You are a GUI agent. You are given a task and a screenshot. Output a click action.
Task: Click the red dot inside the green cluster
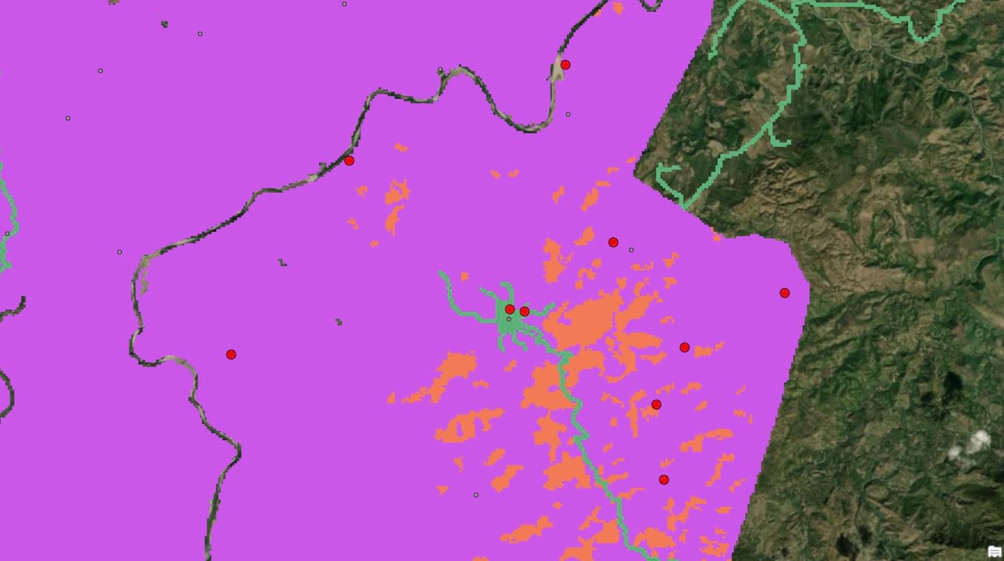click(510, 309)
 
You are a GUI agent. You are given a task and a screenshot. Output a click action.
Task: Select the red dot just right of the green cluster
click(524, 311)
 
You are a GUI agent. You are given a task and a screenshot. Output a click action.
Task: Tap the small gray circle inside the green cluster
click(508, 319)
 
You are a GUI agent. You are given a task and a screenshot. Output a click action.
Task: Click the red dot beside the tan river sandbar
click(565, 65)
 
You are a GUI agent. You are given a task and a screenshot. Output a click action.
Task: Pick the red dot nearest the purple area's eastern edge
click(785, 293)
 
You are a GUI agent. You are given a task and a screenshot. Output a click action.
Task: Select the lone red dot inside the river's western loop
click(231, 354)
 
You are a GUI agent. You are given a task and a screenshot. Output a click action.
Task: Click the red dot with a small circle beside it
click(613, 242)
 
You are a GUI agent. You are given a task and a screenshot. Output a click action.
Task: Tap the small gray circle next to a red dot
click(631, 250)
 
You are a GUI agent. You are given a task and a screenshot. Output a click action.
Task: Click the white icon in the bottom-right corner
click(994, 551)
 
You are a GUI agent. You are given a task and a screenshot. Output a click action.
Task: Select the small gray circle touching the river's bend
click(440, 69)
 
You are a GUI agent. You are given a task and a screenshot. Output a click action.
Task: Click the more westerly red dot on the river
click(349, 161)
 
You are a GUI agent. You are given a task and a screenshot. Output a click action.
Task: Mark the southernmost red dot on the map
click(664, 479)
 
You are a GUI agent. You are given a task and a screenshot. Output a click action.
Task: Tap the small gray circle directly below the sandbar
click(568, 114)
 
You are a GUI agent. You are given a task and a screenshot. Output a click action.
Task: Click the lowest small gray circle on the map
click(476, 495)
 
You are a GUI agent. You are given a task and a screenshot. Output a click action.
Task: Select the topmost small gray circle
click(344, 4)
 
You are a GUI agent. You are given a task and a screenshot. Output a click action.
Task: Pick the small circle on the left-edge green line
click(7, 234)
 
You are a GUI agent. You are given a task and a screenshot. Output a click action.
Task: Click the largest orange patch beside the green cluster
click(592, 320)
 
